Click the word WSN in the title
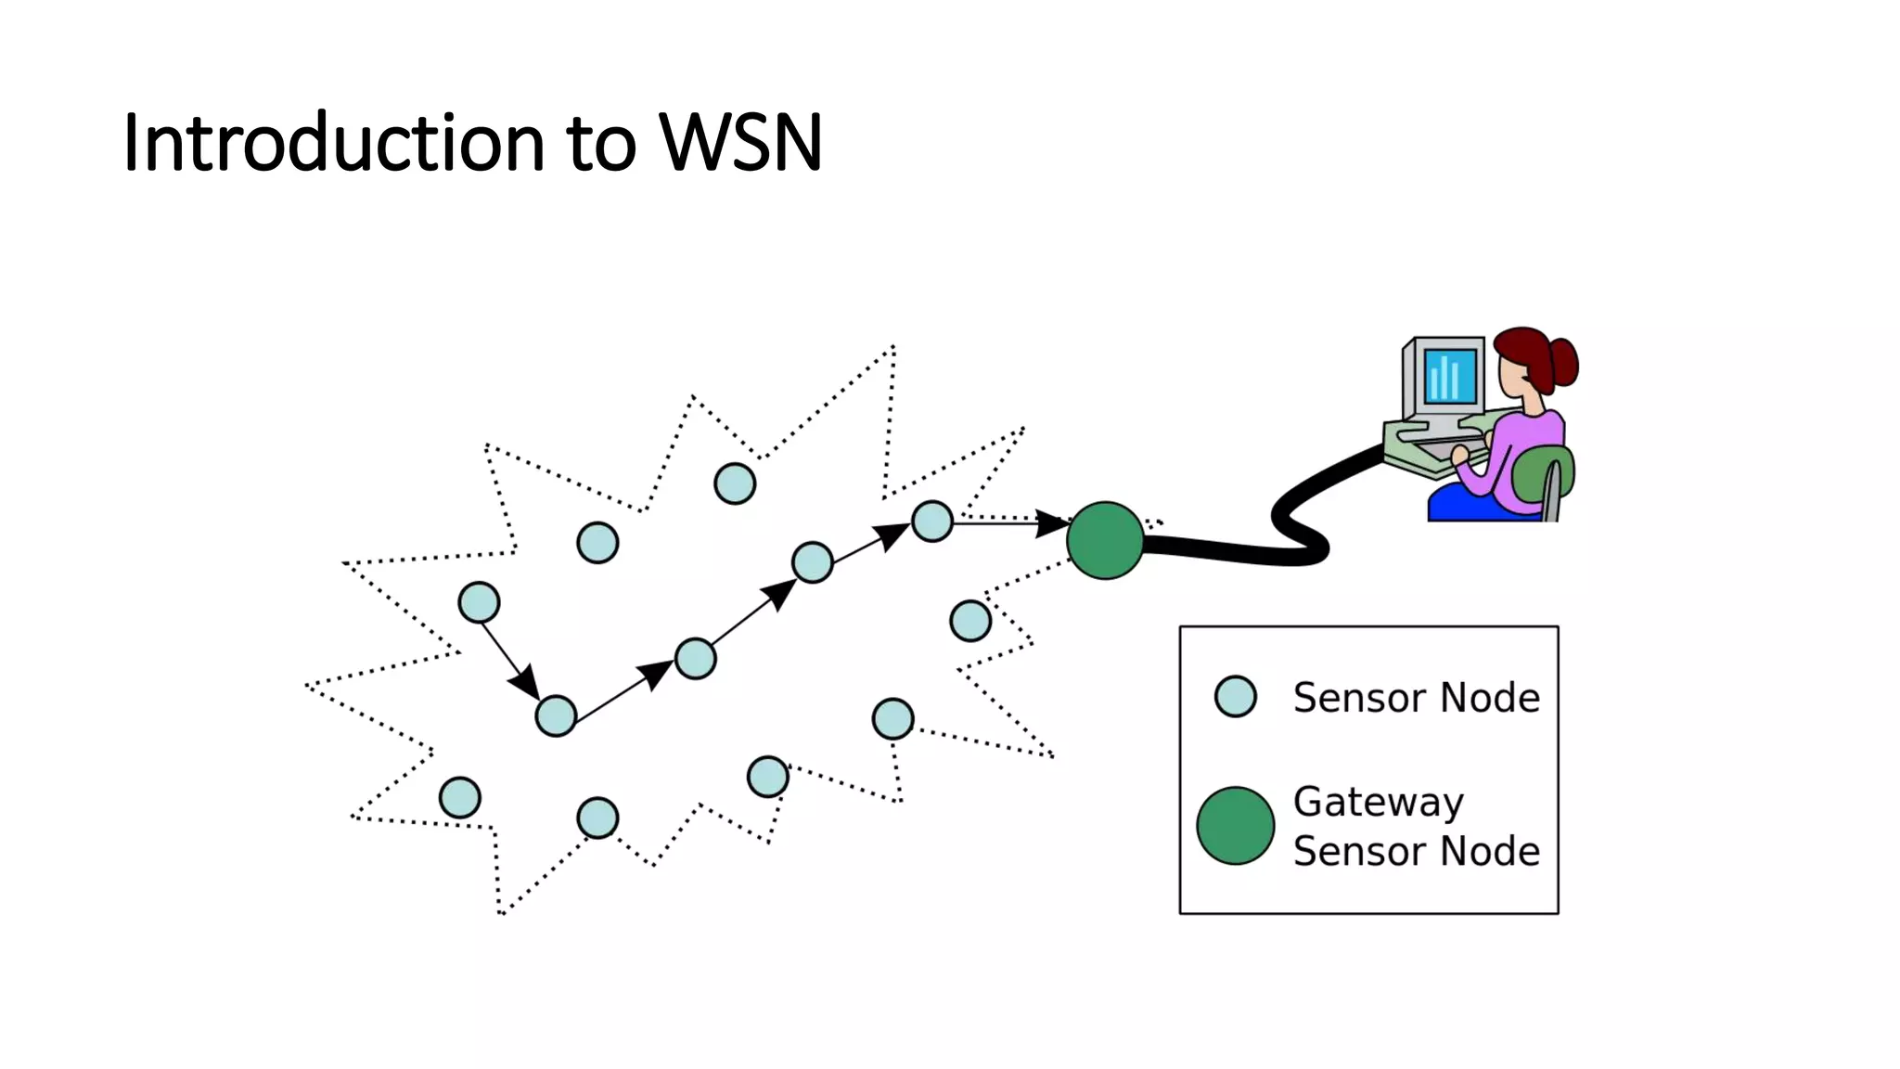click(x=740, y=144)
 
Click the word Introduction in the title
click(x=332, y=144)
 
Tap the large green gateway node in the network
click(x=1105, y=541)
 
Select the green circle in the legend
click(x=1235, y=826)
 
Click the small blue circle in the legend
click(x=1235, y=697)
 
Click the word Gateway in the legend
click(x=1378, y=802)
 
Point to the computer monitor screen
click(x=1449, y=375)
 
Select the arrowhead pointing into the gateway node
click(x=1053, y=523)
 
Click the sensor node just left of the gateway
click(x=932, y=522)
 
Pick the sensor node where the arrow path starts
click(x=479, y=603)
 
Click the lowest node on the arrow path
click(x=556, y=716)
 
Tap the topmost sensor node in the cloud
click(x=735, y=483)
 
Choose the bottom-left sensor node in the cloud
click(x=459, y=798)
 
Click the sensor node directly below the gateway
click(x=970, y=621)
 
